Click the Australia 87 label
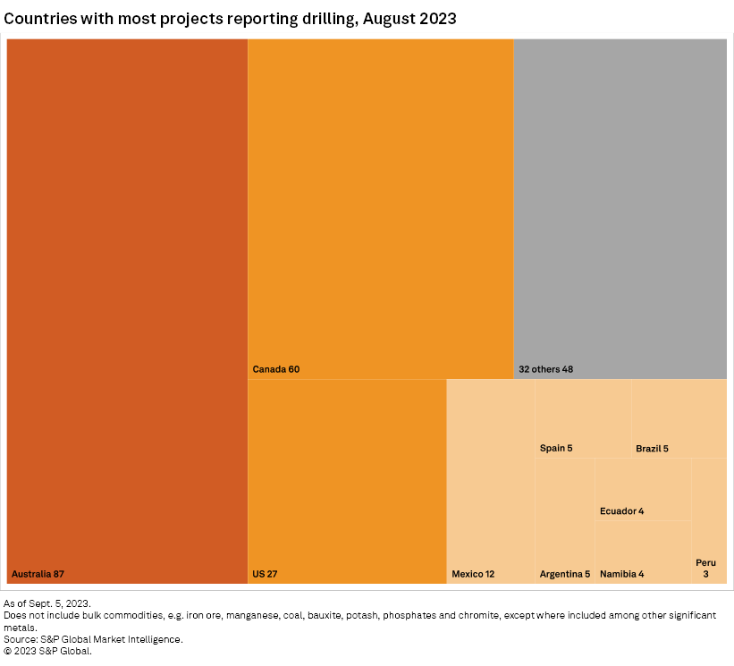click(38, 574)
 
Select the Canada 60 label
click(275, 369)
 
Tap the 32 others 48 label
click(545, 369)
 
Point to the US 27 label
click(265, 574)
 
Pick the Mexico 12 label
click(473, 574)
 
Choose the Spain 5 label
click(556, 448)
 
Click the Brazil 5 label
click(652, 448)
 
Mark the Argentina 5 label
click(565, 574)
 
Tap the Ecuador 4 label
click(621, 511)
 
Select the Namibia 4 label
click(621, 574)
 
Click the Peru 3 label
click(705, 568)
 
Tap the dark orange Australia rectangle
click(127, 304)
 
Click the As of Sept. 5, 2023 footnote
click(47, 604)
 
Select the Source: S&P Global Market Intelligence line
click(93, 639)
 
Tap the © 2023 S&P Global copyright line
click(48, 651)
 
